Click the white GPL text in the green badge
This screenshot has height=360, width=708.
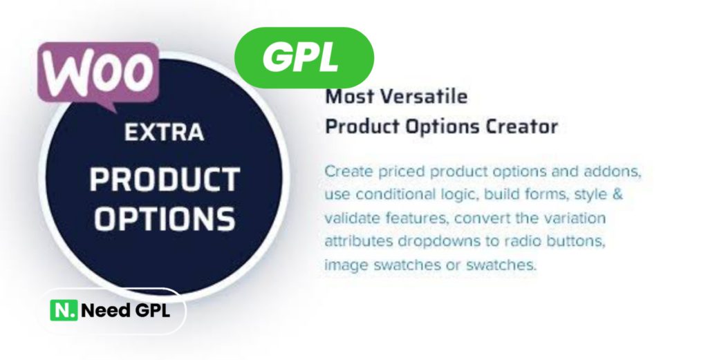click(301, 57)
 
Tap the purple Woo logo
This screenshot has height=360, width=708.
click(98, 75)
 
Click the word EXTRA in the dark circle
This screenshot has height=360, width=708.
click(165, 133)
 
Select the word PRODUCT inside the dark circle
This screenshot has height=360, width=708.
click(165, 179)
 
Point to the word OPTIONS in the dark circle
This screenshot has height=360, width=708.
click(165, 219)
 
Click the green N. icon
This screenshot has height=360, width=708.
click(64, 310)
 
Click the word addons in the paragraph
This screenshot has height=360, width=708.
click(613, 172)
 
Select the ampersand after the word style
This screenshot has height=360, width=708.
click(617, 194)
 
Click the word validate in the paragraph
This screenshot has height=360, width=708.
click(352, 218)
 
